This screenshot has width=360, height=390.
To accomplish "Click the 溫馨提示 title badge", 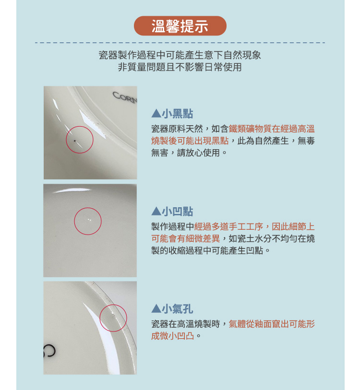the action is tap(180, 26).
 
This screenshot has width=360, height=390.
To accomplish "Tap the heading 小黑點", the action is tap(178, 114).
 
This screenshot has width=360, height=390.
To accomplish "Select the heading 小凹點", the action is tap(178, 212).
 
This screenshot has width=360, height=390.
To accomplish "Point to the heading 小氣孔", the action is tap(178, 309).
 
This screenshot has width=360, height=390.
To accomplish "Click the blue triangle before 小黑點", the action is tap(156, 114).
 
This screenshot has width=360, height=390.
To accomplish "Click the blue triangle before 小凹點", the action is tap(156, 212).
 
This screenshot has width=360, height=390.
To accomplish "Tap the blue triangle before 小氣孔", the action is tap(156, 309).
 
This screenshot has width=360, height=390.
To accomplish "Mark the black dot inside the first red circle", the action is tap(75, 141).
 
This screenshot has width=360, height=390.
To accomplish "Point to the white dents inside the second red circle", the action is tap(89, 220).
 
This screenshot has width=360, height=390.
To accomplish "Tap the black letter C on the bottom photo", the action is tap(49, 350).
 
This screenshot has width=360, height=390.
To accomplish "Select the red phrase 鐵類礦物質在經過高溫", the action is tap(272, 129).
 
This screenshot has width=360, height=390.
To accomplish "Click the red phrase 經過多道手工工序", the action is tap(228, 226).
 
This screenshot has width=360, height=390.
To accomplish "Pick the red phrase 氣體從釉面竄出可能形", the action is tap(272, 324).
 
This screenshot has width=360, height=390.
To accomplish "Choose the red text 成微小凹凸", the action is tap(172, 336).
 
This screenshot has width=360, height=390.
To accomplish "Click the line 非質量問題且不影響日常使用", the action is tap(180, 67).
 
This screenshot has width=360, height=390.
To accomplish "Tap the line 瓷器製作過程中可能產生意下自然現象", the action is tap(180, 55).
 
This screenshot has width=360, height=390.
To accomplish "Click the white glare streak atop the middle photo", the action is tap(72, 191).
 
